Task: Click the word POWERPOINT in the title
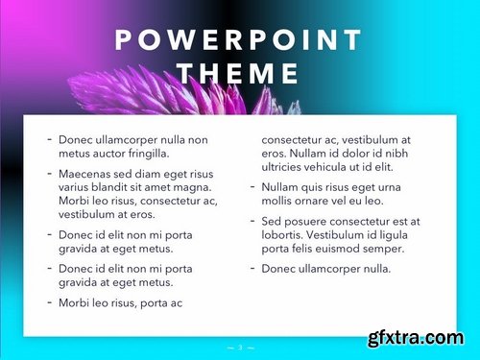click(239, 40)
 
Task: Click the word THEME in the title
click(239, 74)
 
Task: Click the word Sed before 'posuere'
click(273, 222)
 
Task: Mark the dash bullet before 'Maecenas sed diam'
click(49, 174)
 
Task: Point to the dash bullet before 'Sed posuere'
click(252, 222)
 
